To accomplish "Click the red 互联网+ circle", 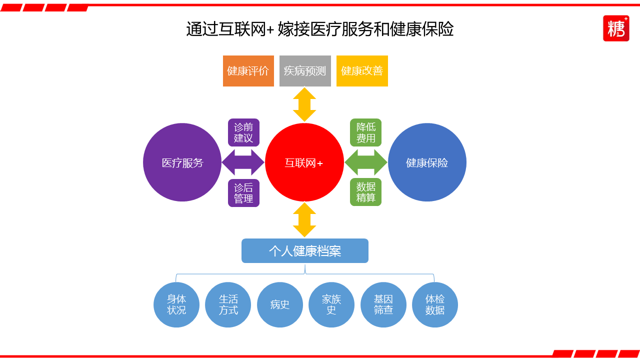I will [304, 162].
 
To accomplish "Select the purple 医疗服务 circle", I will [182, 162].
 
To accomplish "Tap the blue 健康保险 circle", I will [427, 162].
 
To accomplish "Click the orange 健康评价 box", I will [248, 71].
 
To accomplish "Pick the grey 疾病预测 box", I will [305, 71].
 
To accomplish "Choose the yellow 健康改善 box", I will [362, 71].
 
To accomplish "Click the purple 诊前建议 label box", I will [243, 132].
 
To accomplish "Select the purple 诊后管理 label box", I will [243, 193].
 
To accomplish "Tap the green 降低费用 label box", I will [365, 132].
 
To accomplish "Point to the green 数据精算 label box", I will [365, 192].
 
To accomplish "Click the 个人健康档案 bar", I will [305, 250].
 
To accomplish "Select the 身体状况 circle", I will [176, 304].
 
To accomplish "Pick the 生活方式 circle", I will [228, 304].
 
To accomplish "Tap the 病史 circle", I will [280, 304].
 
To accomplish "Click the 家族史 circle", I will [331, 304].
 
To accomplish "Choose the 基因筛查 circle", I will [383, 304].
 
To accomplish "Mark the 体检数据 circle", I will [435, 304].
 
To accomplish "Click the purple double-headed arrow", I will [243, 162].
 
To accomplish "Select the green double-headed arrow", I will [366, 162].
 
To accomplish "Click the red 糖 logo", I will [616, 28].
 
